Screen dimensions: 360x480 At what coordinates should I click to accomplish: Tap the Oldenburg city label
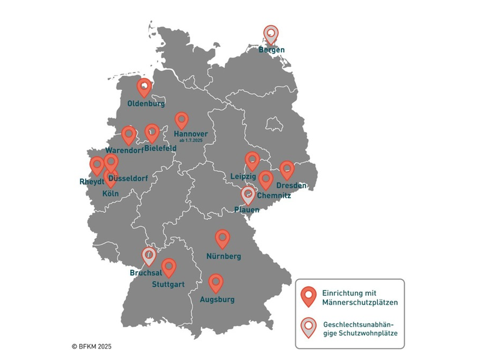click(146, 103)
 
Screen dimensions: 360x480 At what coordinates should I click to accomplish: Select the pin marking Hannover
click(181, 121)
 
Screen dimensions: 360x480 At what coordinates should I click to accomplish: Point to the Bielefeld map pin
click(152, 133)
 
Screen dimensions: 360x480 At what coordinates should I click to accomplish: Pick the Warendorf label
click(124, 150)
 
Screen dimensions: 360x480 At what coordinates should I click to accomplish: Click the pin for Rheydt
click(97, 165)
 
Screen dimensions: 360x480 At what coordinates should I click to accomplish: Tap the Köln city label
click(110, 193)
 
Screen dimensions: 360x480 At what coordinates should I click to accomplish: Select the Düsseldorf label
click(128, 179)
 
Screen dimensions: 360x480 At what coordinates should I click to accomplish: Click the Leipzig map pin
click(253, 161)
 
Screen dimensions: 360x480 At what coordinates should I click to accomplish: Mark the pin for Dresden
click(287, 169)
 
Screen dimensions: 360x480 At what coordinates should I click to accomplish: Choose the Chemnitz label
click(273, 196)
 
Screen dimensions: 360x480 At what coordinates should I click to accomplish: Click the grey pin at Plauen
click(248, 194)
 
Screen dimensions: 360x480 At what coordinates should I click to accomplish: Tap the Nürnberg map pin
click(223, 239)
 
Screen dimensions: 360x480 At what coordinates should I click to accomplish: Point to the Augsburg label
click(217, 299)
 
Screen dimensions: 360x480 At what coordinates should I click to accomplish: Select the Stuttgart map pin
click(169, 267)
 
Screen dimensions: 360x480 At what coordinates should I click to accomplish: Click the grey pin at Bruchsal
click(149, 256)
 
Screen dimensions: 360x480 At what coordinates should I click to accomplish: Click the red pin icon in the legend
click(308, 295)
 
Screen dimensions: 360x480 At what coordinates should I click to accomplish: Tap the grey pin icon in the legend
click(308, 327)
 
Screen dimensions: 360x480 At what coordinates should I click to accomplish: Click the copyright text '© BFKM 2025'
click(92, 346)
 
